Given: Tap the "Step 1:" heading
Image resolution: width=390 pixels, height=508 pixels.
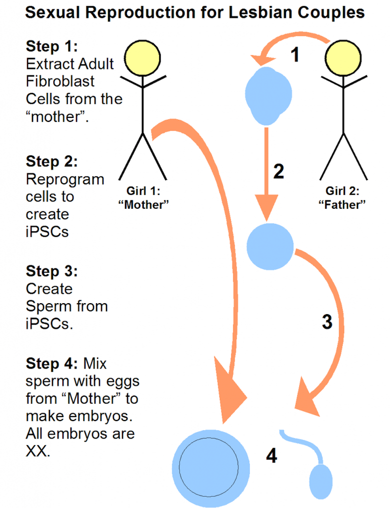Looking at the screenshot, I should pyautogui.click(x=52, y=47).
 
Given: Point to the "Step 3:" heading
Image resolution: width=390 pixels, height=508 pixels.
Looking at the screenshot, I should pyautogui.click(x=52, y=272).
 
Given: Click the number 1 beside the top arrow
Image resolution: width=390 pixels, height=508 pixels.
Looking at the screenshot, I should pyautogui.click(x=295, y=54).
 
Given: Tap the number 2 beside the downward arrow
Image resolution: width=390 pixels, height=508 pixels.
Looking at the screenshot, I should pyautogui.click(x=278, y=171).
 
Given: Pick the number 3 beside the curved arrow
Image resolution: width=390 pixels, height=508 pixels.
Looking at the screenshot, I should pyautogui.click(x=326, y=322).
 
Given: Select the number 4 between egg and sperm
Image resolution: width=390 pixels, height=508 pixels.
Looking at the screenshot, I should pyautogui.click(x=271, y=455).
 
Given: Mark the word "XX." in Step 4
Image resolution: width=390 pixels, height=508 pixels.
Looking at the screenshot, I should pyautogui.click(x=38, y=452).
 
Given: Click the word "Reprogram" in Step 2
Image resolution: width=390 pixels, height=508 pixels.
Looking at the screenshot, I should pyautogui.click(x=65, y=179).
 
